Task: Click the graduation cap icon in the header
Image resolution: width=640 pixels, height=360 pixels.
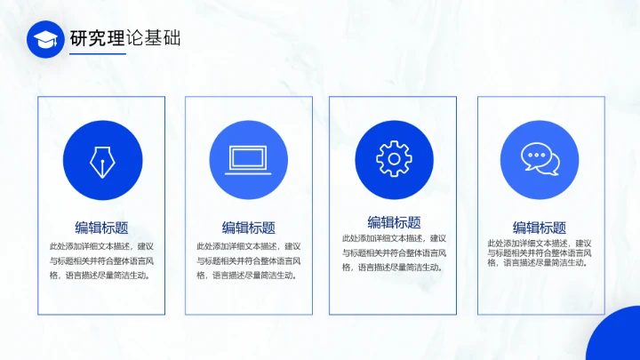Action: pos(45,39)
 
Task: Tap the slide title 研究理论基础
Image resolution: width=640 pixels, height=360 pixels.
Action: pos(125,38)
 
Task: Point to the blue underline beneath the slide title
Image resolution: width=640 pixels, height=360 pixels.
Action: pos(98,54)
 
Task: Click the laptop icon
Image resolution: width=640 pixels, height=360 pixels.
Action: pos(248,159)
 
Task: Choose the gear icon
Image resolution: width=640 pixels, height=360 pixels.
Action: pos(393,159)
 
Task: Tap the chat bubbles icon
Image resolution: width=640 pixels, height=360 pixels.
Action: pos(540,159)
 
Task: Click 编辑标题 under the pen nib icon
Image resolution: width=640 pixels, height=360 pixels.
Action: pos(101,227)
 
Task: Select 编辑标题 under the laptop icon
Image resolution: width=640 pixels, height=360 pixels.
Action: pos(248,227)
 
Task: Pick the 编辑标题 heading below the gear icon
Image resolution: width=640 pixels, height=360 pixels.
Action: pos(394,221)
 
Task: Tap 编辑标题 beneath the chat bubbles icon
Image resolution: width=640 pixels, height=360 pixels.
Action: pos(540,227)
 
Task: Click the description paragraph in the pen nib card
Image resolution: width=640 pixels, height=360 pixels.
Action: pos(101,260)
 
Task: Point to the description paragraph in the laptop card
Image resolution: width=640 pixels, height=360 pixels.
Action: pos(248,260)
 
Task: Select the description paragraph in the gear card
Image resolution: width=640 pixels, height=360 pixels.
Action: pos(394,252)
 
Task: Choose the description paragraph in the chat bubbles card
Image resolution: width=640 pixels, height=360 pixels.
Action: pos(540,252)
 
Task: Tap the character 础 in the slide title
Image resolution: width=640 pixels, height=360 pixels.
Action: pos(171,38)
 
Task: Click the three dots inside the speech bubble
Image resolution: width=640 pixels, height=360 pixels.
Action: pos(536,156)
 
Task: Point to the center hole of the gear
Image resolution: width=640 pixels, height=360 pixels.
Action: pos(393,159)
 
